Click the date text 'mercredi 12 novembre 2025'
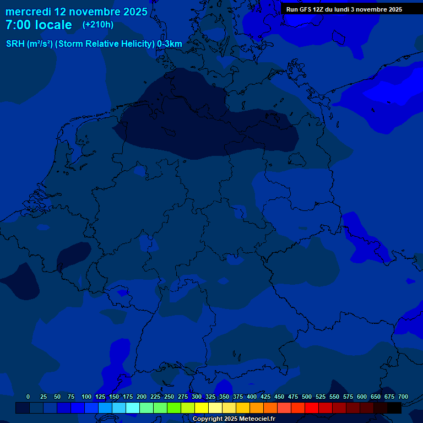76,12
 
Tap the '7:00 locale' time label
39,25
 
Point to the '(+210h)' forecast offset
98,25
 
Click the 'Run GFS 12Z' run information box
344,9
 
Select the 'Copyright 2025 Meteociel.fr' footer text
234,419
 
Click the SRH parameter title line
94,44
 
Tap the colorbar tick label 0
28,397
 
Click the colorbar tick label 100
86,397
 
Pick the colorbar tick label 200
142,397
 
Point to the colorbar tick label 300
197,397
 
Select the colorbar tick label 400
252,397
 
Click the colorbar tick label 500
307,397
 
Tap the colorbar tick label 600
362,397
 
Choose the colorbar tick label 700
403,397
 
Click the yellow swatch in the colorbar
202,408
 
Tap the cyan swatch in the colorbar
133,408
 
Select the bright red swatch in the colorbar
312,408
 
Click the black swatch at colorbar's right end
394,408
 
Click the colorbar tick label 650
376,397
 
